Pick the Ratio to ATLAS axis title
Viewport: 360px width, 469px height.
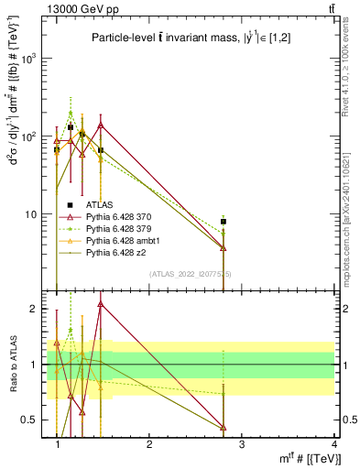pyautogui.click(x=13, y=365)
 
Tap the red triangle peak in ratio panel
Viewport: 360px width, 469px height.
pyautogui.click(x=100, y=303)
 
